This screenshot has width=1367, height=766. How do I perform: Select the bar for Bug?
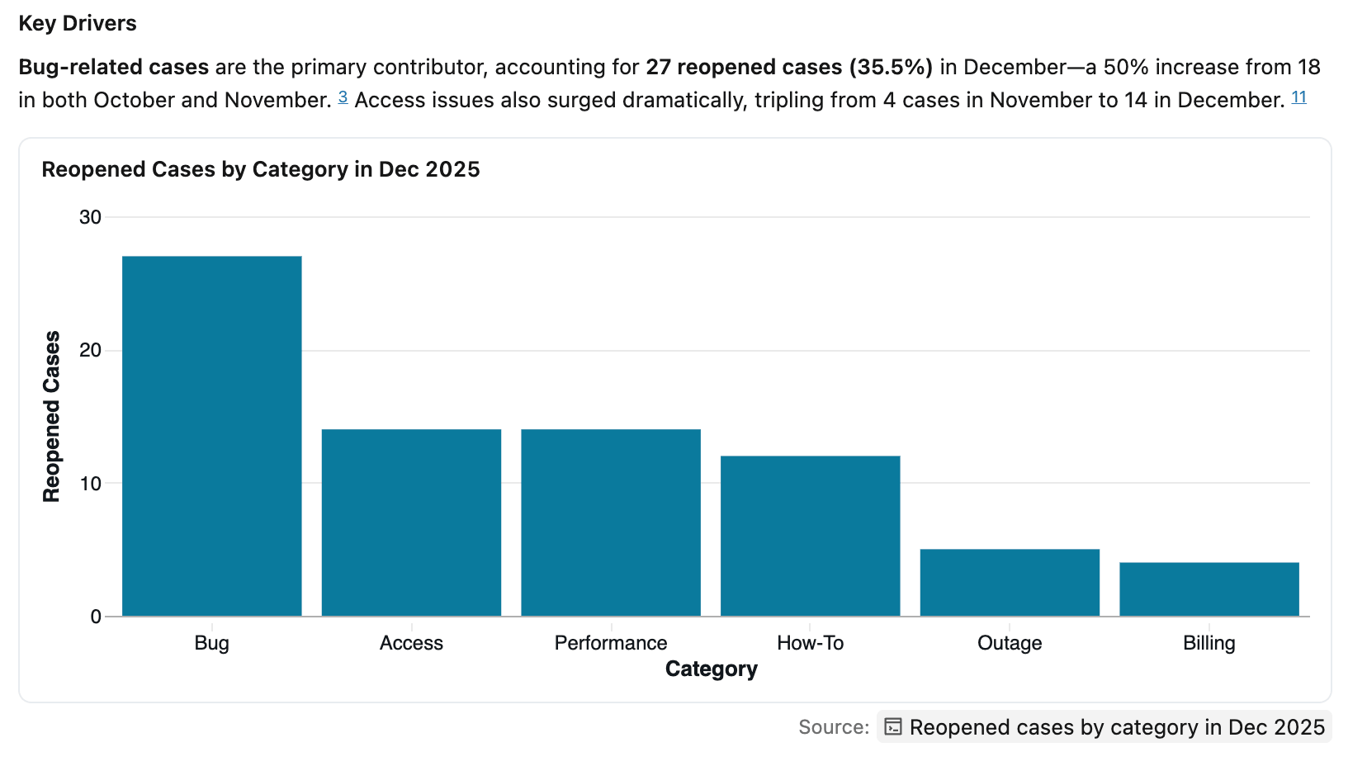click(x=211, y=436)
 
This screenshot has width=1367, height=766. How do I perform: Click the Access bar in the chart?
click(x=411, y=522)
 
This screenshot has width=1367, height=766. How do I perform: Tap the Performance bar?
click(x=611, y=522)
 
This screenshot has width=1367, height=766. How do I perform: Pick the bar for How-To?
click(x=810, y=536)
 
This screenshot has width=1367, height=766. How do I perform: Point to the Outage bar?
click(x=1010, y=583)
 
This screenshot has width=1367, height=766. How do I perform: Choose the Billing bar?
click(x=1209, y=589)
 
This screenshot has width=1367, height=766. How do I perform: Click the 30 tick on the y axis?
click(x=90, y=217)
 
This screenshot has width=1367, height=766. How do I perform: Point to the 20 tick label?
click(x=90, y=350)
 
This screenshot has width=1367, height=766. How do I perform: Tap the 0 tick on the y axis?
click(x=96, y=617)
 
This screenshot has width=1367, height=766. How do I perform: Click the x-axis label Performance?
click(x=611, y=643)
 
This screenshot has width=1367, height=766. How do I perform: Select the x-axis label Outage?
click(x=1010, y=643)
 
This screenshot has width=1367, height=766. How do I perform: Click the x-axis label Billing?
click(x=1209, y=643)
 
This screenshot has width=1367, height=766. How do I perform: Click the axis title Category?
click(x=711, y=669)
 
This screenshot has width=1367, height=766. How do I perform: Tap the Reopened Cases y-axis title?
click(x=51, y=416)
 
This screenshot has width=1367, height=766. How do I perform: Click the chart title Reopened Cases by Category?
click(x=261, y=169)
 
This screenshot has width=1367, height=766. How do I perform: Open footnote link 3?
click(x=343, y=97)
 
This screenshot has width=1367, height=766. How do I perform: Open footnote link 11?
click(x=1298, y=97)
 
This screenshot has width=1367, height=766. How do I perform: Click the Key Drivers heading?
click(x=78, y=23)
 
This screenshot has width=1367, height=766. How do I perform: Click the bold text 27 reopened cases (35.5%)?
click(x=788, y=67)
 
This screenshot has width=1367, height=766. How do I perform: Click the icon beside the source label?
click(x=892, y=726)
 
